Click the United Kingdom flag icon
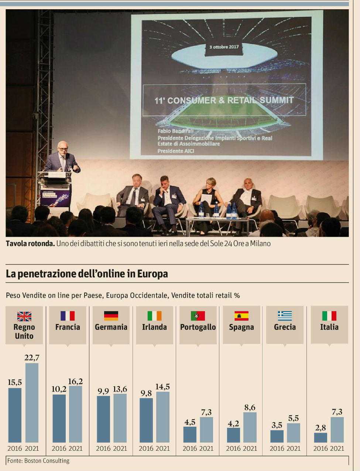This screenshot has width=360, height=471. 24,316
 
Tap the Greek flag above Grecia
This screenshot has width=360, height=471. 285,316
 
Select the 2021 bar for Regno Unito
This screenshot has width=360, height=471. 32,403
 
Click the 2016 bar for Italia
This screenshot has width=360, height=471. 320,437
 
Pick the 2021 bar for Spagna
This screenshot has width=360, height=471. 250,427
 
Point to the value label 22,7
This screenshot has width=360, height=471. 32,358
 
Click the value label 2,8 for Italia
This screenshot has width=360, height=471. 320,428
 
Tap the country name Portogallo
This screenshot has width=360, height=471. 198,327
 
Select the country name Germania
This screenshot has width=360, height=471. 111,327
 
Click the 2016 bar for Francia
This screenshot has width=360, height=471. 59,418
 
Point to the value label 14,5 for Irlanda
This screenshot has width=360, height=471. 163,387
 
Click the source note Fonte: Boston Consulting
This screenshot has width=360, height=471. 38,461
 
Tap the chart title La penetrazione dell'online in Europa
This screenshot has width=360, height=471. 87,274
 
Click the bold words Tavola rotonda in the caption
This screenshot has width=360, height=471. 30,244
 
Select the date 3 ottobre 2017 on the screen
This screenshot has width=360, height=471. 224,47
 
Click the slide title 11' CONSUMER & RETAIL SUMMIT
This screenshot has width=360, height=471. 224,100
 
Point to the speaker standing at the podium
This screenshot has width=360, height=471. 62,157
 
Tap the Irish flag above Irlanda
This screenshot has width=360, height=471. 154,316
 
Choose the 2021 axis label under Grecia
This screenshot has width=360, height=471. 294,448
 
